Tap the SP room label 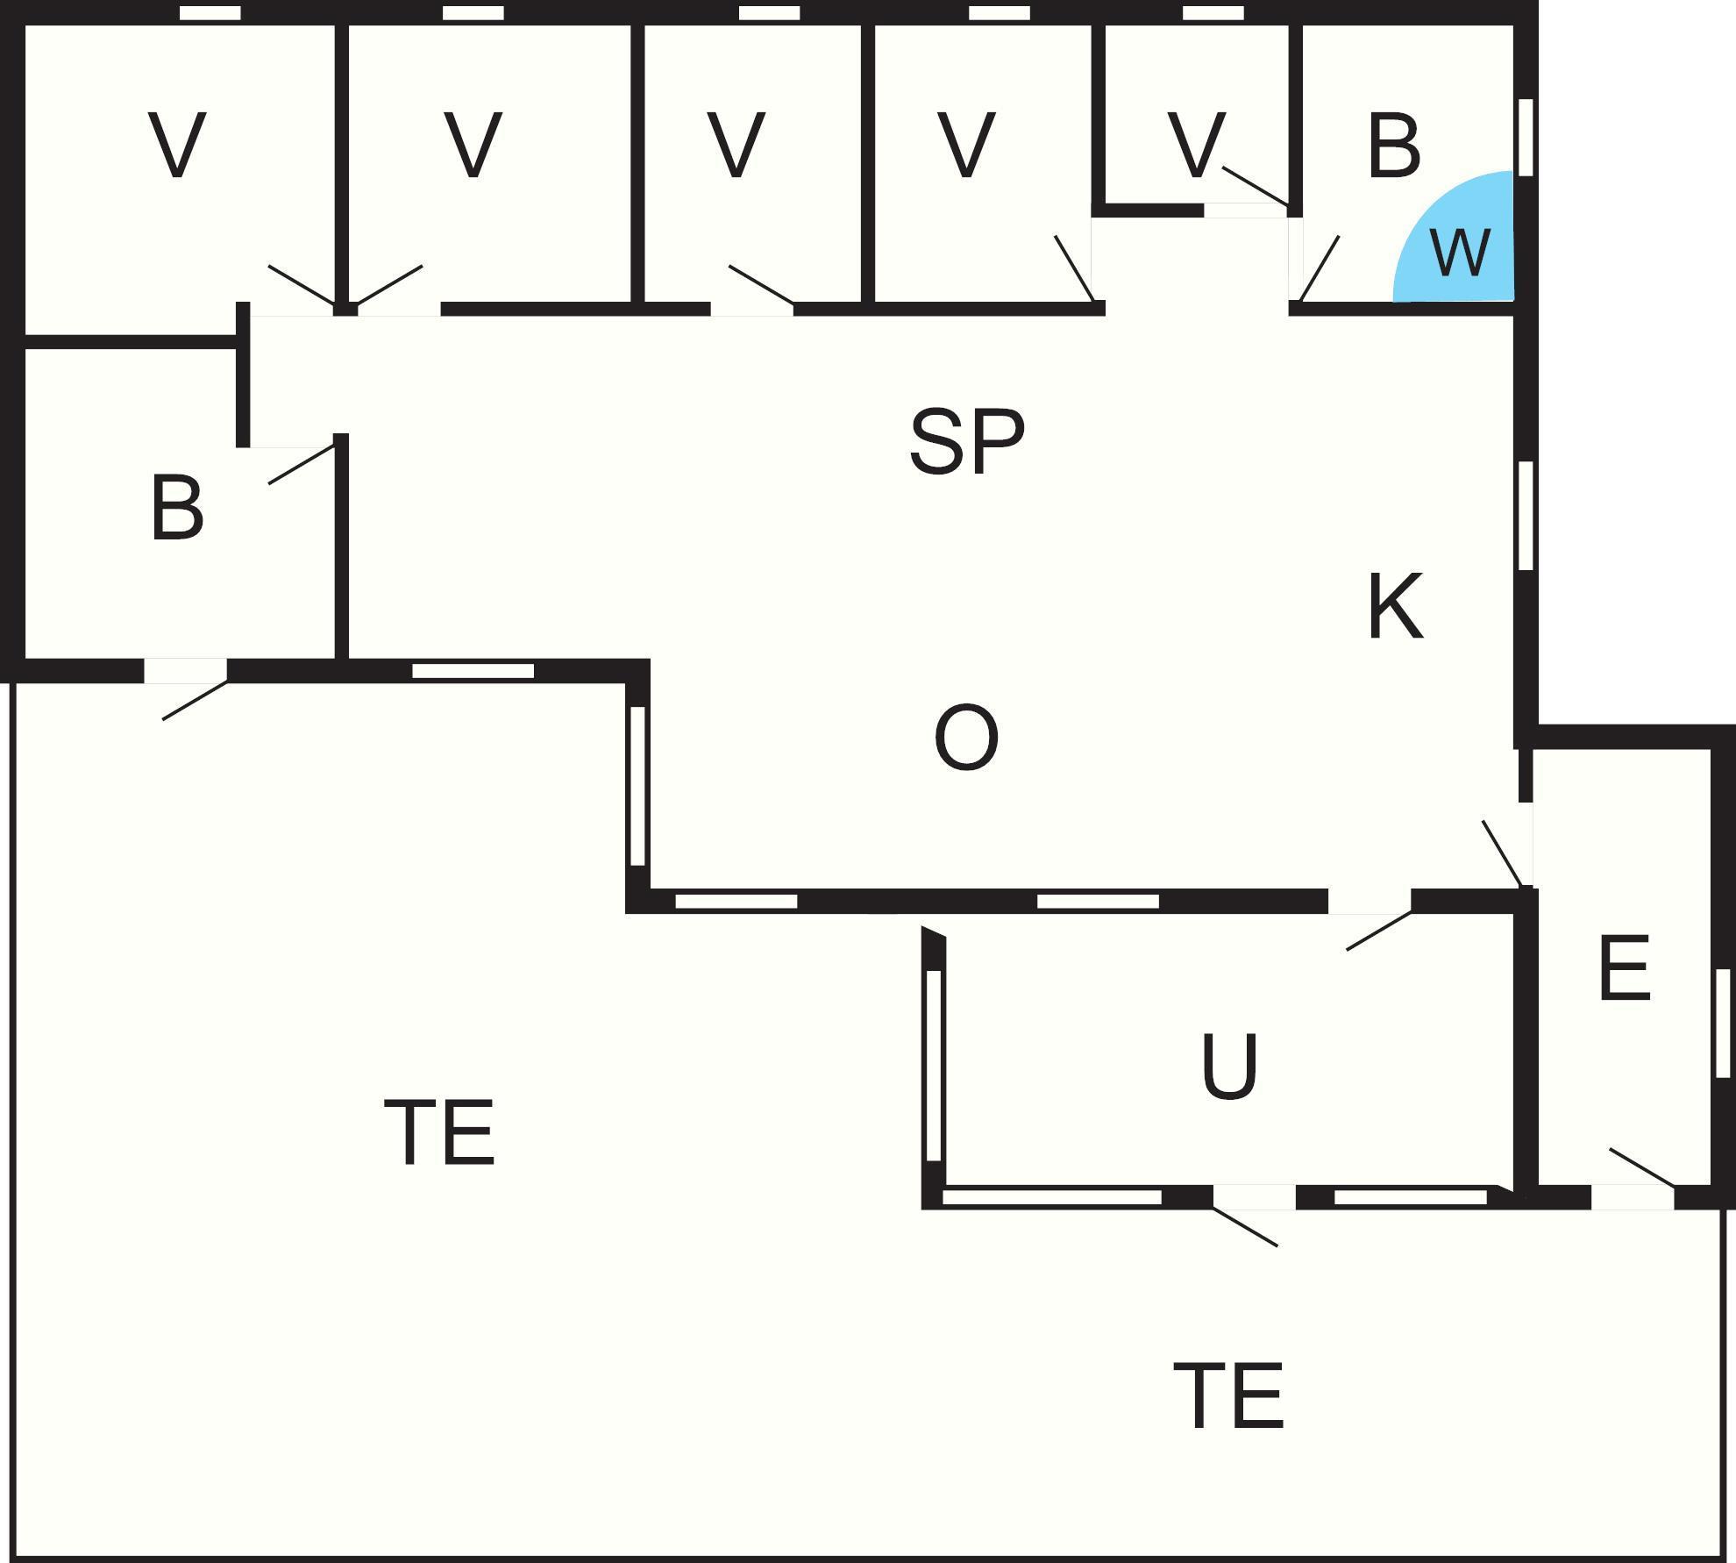966,441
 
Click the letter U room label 1228,1066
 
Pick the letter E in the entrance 1625,968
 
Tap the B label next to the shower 1393,146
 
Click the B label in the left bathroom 177,509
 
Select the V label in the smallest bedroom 1196,146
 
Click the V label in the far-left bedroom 178,146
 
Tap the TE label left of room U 439,1132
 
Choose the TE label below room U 1228,1395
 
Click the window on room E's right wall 1723,1023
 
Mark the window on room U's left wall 934,1066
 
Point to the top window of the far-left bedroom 210,13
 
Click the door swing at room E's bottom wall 1641,1167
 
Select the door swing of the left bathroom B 301,465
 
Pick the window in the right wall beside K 1526,516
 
